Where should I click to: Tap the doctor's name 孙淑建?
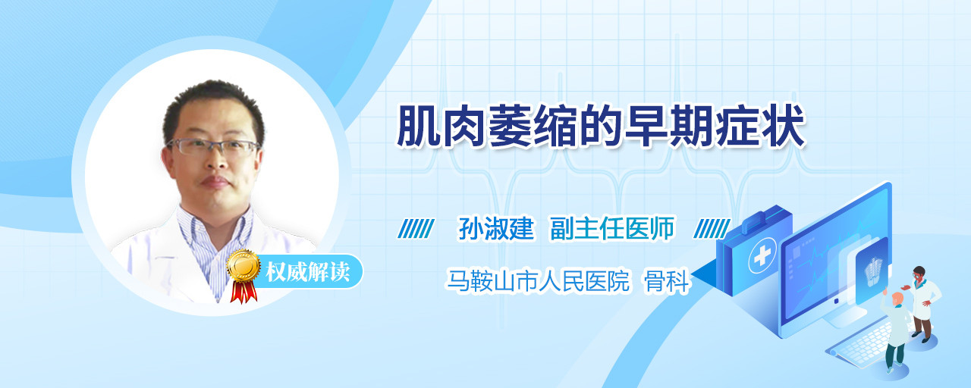coord(496,228)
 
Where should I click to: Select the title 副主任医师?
coord(612,228)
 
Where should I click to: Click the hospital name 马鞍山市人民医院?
coord(538,281)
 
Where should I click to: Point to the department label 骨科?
coord(666,281)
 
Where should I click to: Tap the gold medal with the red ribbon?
coord(244,275)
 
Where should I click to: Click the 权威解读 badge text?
coord(308,272)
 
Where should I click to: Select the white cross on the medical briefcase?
coord(762,255)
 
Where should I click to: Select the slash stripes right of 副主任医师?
coord(712,229)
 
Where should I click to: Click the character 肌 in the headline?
coord(418,126)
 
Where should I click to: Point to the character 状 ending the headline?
coord(784,126)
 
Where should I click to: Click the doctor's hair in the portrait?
coord(213,104)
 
